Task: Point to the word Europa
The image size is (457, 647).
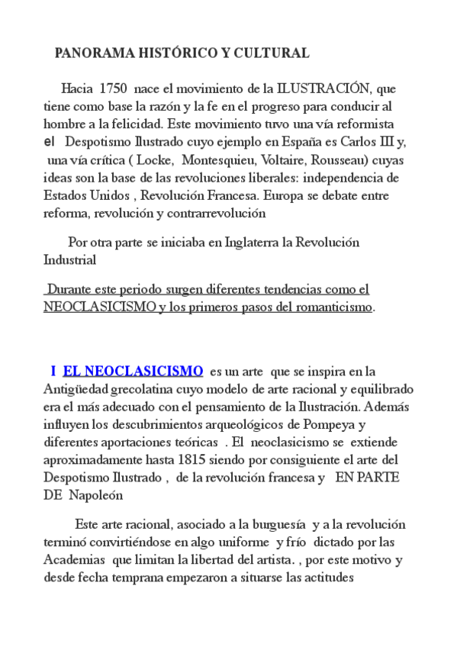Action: tap(303, 195)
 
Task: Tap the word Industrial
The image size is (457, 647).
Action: tap(69, 260)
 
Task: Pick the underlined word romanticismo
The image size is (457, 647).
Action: tap(329, 307)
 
